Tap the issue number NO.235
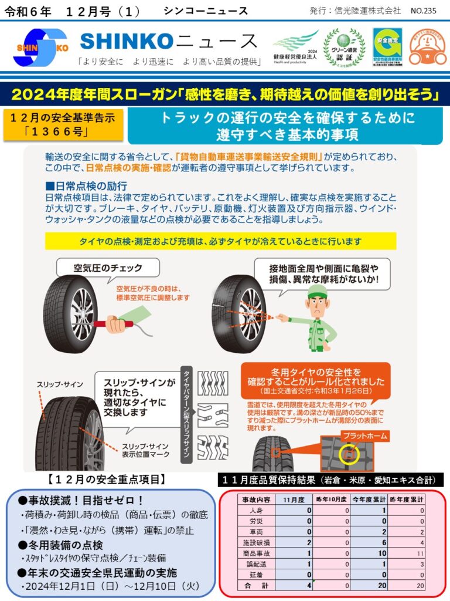[x=424, y=11]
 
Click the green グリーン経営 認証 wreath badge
[x=344, y=47]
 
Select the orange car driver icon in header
[x=427, y=48]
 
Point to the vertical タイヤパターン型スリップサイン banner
[x=186, y=416]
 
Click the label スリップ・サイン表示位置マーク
[x=146, y=450]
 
